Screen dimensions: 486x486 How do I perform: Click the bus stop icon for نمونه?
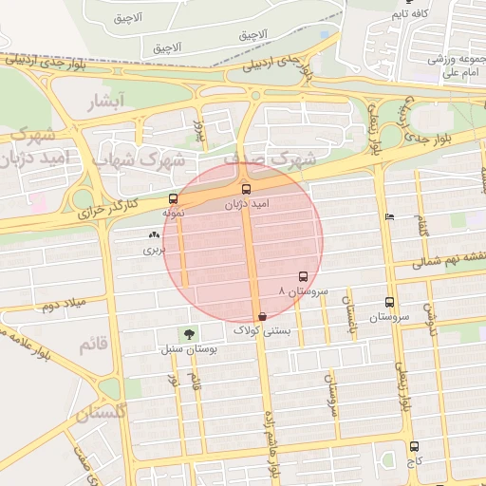(x=173, y=199)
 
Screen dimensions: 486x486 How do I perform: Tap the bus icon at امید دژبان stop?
(x=247, y=189)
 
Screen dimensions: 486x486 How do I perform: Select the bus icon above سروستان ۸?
(x=304, y=276)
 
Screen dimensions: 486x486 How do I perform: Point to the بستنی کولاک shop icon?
(x=262, y=316)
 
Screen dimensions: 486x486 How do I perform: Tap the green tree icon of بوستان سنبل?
(x=190, y=333)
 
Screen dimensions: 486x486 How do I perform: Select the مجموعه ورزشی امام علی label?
(x=457, y=65)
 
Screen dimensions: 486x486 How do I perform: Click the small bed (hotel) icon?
(x=389, y=217)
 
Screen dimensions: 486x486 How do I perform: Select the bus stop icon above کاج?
(x=413, y=446)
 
